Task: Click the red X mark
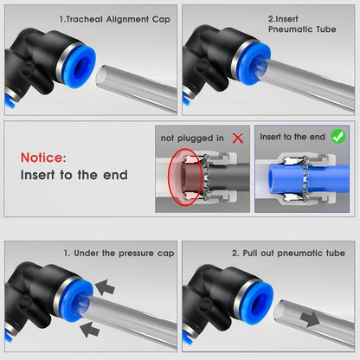point(238,138)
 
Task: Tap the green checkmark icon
point(338,137)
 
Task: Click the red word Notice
point(43,157)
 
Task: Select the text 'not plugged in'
point(192,138)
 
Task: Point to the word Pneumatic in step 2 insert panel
point(291,29)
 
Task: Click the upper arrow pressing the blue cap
point(105,287)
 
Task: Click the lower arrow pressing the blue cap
point(90,330)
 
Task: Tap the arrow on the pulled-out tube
point(310,319)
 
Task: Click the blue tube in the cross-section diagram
point(309,177)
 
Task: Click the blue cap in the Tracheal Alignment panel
point(79,67)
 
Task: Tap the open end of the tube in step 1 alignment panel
point(101,77)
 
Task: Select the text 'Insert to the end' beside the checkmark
point(292,137)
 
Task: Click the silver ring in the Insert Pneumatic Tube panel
point(237,59)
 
